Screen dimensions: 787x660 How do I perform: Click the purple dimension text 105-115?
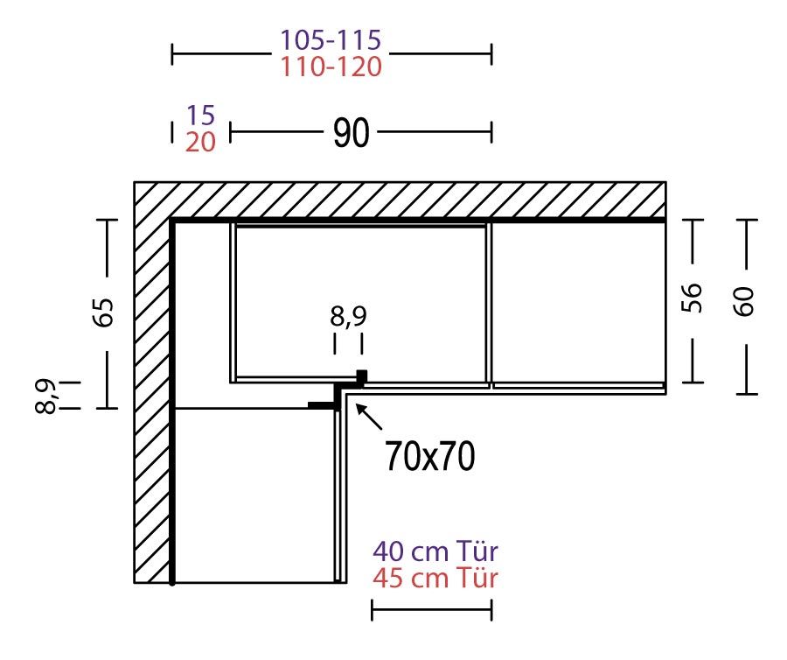331,40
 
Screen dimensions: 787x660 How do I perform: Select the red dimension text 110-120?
331,67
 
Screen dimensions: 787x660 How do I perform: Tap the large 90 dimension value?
352,133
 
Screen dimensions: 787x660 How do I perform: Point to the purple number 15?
201,115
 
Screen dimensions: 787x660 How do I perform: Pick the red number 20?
201,142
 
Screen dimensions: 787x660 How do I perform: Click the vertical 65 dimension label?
104,312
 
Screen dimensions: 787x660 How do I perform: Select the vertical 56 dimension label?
691,298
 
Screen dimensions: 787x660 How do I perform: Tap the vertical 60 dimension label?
744,301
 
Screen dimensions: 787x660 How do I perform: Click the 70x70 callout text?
430,456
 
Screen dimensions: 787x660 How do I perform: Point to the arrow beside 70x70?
369,417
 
